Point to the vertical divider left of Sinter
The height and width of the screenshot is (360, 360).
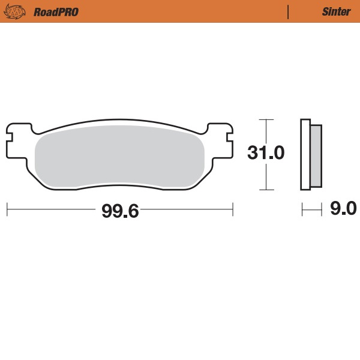289,11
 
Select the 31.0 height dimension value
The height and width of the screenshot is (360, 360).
266,153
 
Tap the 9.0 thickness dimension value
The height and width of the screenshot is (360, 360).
343,209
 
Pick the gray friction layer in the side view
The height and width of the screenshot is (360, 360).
316,155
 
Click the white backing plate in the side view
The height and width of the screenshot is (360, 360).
305,155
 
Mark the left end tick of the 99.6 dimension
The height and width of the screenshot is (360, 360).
7,209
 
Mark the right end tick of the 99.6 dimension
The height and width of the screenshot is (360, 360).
233,209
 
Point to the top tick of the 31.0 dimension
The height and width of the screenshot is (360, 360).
266,119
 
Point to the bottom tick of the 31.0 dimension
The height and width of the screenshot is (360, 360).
266,190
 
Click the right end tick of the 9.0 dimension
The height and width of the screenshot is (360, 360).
322,209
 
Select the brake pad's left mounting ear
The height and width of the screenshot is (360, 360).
18,135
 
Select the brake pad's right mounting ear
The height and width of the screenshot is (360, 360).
220,135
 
